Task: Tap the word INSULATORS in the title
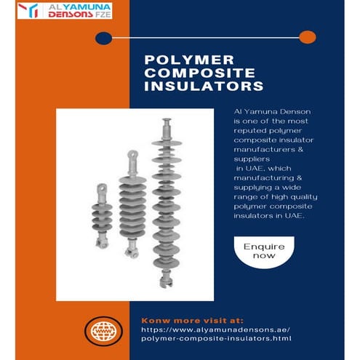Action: [x=204, y=87]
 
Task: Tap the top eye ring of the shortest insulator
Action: [x=101, y=188]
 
